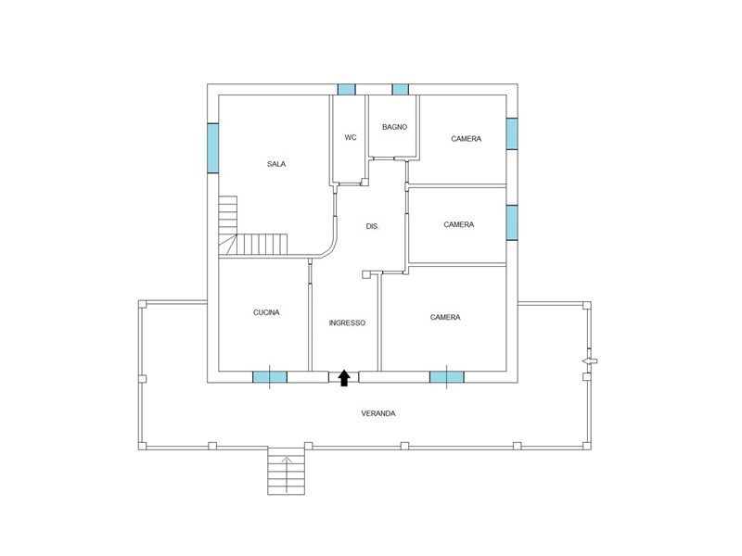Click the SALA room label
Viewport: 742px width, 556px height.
276,164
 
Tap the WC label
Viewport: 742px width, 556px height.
351,137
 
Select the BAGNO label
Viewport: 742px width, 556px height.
395,127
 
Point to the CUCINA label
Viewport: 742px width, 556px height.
266,312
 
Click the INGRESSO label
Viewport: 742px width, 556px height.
347,322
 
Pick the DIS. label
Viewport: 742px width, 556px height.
373,226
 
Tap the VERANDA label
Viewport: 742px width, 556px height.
378,413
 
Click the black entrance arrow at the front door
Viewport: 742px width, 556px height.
344,378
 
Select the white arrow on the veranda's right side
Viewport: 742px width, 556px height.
590,361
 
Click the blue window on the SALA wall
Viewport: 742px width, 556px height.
213,148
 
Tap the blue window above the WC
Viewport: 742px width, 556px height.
346,89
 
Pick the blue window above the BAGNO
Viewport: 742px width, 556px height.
401,89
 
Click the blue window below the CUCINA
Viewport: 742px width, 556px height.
270,377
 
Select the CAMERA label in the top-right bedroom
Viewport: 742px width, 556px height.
467,138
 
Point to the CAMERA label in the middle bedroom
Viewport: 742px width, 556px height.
458,224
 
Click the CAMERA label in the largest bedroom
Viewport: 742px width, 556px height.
445,317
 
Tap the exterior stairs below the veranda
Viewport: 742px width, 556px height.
287,471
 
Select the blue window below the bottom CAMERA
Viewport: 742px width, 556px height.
447,377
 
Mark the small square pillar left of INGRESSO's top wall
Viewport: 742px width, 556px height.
365,274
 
